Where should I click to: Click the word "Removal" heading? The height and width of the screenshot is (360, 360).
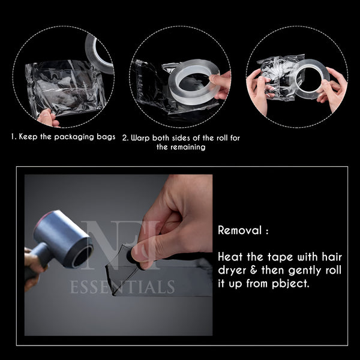click(240, 230)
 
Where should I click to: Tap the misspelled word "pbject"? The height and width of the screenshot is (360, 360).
click(290, 284)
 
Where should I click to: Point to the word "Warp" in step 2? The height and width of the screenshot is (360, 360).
click(140, 138)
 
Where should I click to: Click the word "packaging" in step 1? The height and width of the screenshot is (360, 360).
click(74, 137)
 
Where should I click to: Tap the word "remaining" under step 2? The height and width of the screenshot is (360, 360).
click(190, 147)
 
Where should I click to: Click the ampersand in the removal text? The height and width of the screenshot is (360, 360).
click(254, 270)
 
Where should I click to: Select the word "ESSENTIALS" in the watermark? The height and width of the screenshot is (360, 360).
click(122, 287)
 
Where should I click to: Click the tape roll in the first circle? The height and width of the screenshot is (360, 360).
click(99, 55)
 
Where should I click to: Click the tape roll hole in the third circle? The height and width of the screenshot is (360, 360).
click(308, 80)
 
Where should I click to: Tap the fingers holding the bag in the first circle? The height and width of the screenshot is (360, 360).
click(47, 118)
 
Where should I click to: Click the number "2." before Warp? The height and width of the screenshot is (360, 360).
click(125, 138)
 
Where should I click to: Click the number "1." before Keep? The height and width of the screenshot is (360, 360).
click(14, 137)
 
